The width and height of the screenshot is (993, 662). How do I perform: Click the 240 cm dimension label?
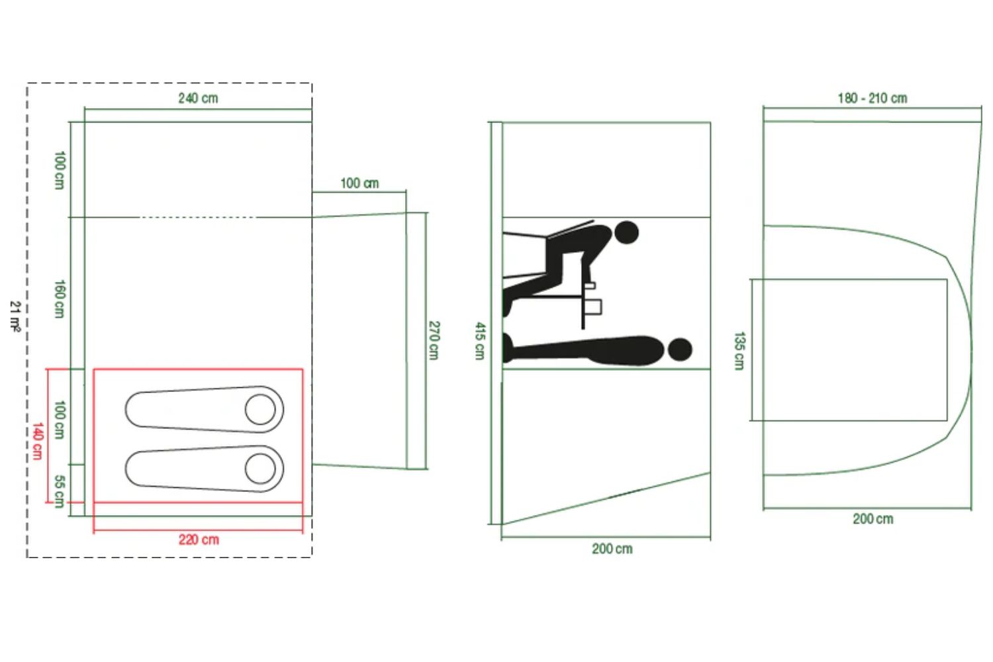click(198, 98)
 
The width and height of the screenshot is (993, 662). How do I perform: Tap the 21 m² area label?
click(15, 316)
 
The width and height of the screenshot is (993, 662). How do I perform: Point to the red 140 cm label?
click(38, 441)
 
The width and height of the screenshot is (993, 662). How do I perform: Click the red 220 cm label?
click(199, 540)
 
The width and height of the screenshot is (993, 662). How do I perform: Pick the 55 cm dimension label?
click(60, 491)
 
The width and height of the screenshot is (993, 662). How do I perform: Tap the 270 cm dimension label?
click(434, 340)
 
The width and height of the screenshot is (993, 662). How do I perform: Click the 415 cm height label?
click(480, 341)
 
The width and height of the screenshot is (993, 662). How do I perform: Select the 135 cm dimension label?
click(739, 351)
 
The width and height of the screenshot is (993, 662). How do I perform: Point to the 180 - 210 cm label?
click(873, 98)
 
